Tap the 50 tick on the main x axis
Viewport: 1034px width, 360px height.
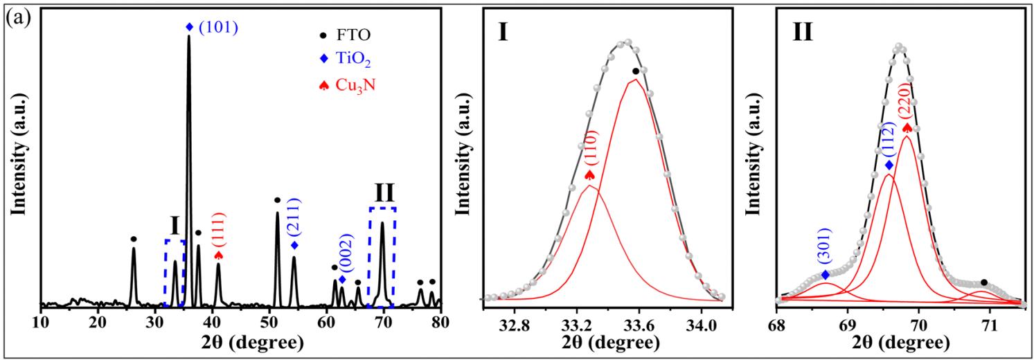(269, 322)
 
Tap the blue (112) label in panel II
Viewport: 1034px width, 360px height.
(889, 141)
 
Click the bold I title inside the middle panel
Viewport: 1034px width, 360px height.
(503, 32)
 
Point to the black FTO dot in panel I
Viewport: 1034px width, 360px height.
(635, 71)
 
